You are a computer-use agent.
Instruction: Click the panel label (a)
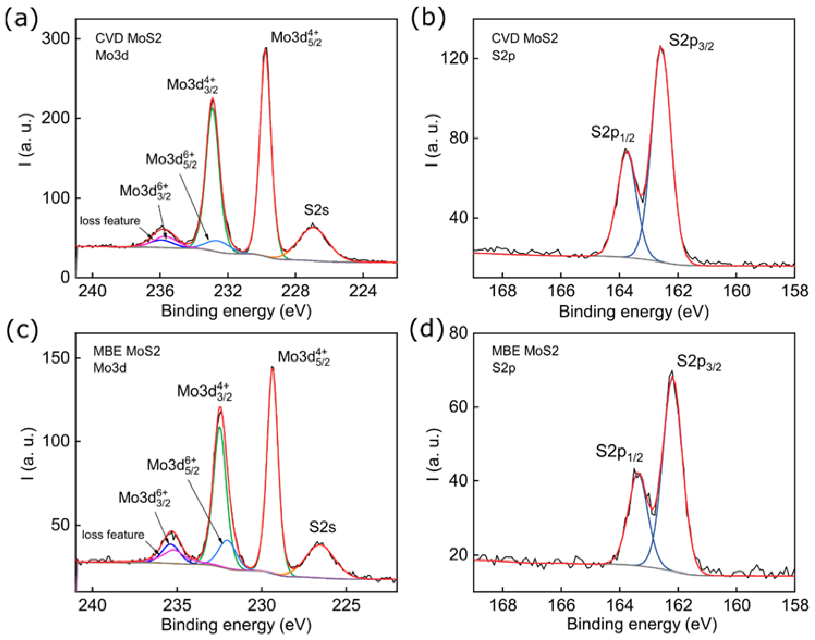[x=21, y=19]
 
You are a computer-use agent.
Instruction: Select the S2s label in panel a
[x=316, y=210]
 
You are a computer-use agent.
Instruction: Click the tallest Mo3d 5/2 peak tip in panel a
[x=266, y=49]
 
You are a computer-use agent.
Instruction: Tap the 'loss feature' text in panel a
[x=110, y=221]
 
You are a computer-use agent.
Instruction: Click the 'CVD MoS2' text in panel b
[x=525, y=38]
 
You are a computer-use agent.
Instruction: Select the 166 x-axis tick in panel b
[x=561, y=291]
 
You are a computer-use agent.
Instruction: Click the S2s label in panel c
[x=322, y=527]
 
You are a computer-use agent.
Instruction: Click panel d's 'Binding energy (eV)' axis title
[x=642, y=624]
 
